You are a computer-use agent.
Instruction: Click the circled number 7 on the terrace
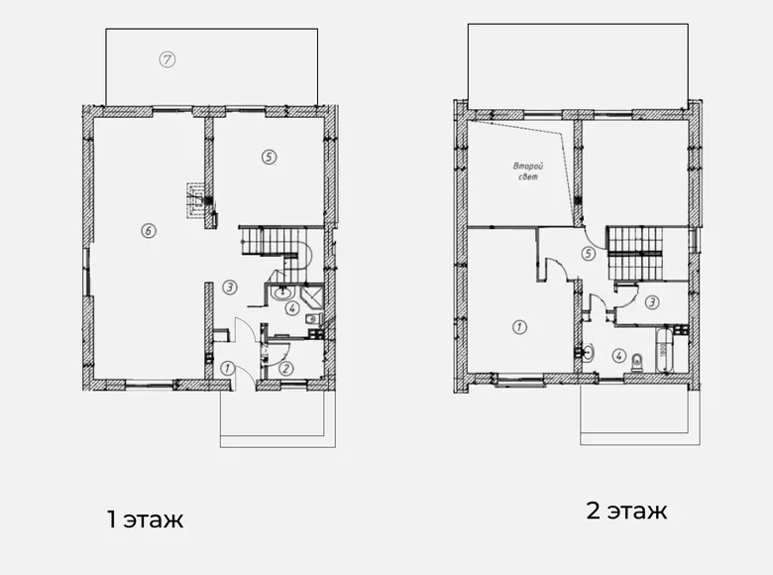coord(167,58)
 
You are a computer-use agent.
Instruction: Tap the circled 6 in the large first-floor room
coord(148,231)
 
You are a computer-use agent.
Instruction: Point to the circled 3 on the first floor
coord(229,287)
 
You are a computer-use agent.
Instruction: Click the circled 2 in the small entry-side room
coord(285,368)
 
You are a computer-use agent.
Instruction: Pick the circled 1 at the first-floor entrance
coord(227,368)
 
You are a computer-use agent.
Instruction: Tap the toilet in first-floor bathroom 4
coord(312,319)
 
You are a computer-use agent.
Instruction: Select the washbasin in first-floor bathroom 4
coord(284,290)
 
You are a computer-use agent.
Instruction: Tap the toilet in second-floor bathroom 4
coord(636,362)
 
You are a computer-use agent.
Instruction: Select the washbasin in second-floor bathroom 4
coord(586,351)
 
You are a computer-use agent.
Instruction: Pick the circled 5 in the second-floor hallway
coord(589,254)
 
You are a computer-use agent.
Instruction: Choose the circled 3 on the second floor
coord(651,302)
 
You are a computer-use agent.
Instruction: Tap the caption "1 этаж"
coord(145,518)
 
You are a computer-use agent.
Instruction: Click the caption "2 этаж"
coord(626,512)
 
